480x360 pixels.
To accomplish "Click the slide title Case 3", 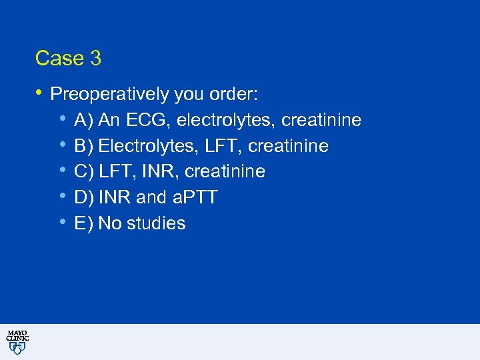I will click(x=68, y=59).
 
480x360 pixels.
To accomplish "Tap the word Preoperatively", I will click(x=109, y=95).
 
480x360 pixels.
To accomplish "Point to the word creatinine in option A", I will click(x=321, y=121).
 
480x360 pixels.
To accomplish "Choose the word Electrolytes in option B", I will click(x=138, y=146).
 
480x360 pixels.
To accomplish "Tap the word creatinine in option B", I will click(x=288, y=146).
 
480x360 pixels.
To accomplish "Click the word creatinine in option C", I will click(x=225, y=172).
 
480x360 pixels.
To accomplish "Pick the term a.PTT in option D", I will click(x=197, y=197).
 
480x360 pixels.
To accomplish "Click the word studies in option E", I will click(x=157, y=223).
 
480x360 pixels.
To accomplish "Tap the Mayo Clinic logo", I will click(x=17, y=341).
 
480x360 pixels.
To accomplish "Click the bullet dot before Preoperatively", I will click(x=39, y=92).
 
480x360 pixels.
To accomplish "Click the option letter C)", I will click(x=84, y=172).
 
